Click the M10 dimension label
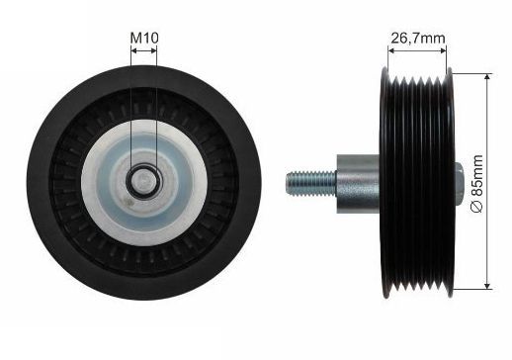pos(144,38)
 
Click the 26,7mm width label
pos(418,39)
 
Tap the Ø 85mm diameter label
pos(477,184)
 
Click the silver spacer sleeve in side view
pos(358,184)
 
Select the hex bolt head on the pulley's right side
pos(460,183)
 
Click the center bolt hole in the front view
pos(143,181)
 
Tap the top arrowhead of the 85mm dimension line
pos(488,78)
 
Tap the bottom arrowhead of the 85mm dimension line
pos(488,286)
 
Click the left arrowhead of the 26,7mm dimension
pos(391,50)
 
